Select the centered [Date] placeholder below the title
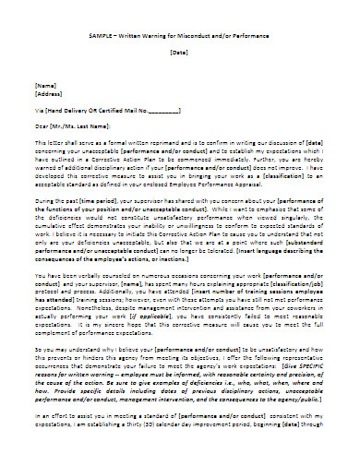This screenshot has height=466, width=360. [x=179, y=53]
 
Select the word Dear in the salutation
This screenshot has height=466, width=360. [x=42, y=125]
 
